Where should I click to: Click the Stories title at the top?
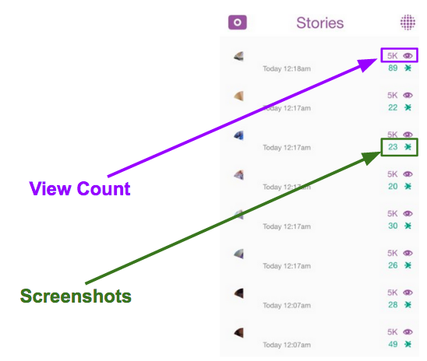point(320,23)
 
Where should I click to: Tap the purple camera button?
point(238,23)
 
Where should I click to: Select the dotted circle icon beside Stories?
point(408,23)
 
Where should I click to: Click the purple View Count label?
point(79,188)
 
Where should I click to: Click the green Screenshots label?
point(76,296)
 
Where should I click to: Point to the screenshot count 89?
point(393,68)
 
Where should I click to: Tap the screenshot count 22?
point(393,107)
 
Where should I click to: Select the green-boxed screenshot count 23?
point(393,147)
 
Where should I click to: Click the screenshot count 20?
point(393,187)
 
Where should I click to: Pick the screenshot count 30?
point(393,226)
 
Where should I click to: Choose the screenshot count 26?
point(393,265)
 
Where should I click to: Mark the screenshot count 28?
point(393,305)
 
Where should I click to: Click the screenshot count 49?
point(393,344)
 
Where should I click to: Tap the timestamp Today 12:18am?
point(287,68)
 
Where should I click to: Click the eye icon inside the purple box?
point(408,56)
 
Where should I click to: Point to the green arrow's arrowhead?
point(370,158)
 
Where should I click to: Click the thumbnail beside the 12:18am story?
point(239,56)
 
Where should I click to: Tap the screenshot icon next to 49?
point(408,344)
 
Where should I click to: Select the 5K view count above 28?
point(393,293)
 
